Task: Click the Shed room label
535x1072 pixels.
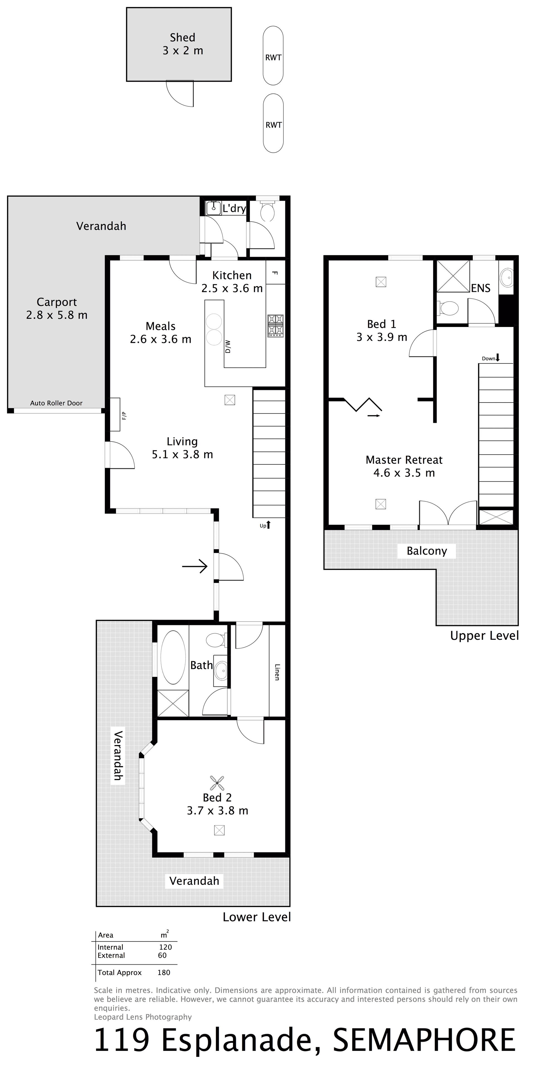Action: click(183, 37)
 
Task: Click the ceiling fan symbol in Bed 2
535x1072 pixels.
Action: click(217, 782)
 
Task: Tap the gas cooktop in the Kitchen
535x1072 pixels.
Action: click(275, 326)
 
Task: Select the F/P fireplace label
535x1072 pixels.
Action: click(123, 415)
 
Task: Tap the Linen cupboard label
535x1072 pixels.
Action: click(277, 672)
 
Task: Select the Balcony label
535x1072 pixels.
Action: click(427, 551)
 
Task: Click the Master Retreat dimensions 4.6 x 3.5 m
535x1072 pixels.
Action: click(404, 473)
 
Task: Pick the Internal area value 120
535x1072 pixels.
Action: click(165, 947)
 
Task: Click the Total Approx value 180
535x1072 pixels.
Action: click(164, 972)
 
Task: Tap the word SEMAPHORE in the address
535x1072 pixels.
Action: click(424, 1041)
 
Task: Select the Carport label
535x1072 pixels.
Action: click(57, 302)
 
